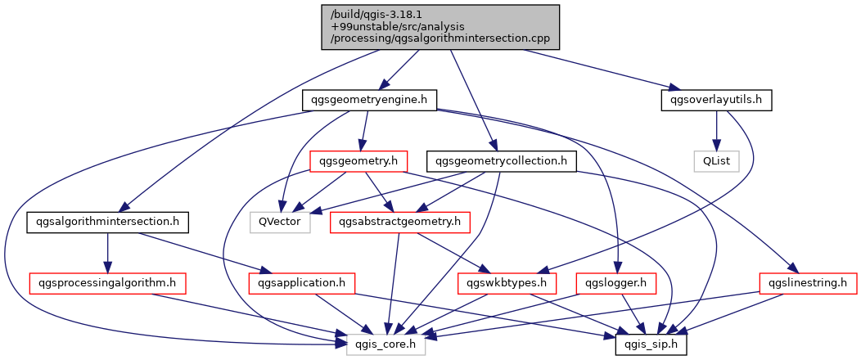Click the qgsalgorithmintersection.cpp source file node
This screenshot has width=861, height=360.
442,26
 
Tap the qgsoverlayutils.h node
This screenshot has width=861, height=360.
716,100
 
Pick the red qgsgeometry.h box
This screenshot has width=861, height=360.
359,161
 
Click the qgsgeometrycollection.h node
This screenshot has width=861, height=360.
502,161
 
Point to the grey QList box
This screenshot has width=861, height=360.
717,161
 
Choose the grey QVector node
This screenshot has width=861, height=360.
280,222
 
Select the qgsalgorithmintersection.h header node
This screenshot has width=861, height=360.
108,222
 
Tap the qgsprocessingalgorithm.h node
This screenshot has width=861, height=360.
107,283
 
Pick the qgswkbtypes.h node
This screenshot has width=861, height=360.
507,283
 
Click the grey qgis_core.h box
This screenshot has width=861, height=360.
385,344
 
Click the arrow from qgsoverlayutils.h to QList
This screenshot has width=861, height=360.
717,131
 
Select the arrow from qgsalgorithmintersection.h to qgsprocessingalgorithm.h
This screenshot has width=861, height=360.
107,253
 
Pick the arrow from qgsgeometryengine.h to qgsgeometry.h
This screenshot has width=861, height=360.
364,131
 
